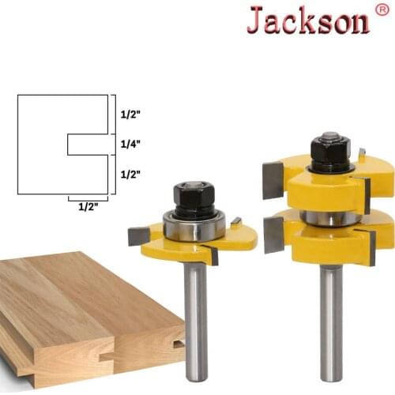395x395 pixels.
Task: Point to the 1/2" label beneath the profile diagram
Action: click(88, 208)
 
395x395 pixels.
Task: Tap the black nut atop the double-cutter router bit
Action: click(330, 150)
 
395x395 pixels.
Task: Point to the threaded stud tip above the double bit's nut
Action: click(330, 136)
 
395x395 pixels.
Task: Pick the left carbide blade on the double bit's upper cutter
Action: click(273, 179)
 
